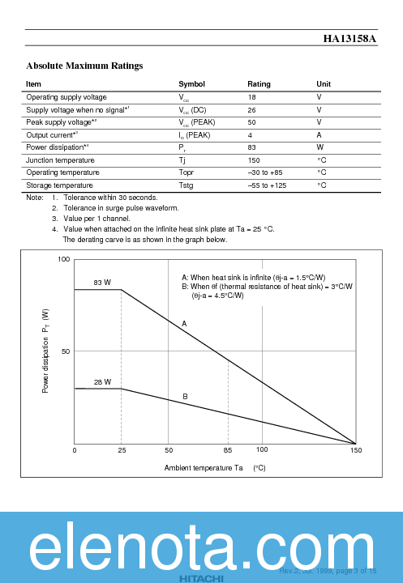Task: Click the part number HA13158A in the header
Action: point(349,38)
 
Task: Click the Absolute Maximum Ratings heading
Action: point(84,66)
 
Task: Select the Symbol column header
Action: point(191,84)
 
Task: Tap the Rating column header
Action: point(259,84)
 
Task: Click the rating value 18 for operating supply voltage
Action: point(251,97)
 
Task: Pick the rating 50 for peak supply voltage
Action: point(251,122)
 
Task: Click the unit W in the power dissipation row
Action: point(319,147)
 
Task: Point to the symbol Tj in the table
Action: point(182,160)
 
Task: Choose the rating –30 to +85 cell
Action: point(265,172)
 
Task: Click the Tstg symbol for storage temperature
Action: point(186,185)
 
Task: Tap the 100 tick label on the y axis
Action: point(64,259)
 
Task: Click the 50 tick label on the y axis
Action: point(66,351)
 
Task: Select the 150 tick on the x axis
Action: point(355,450)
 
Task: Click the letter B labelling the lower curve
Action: point(185,397)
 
